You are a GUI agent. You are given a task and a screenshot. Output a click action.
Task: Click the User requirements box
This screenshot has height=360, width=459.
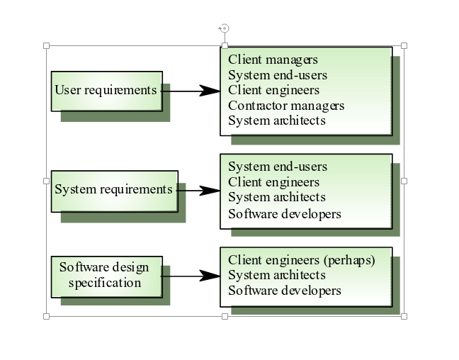click(x=106, y=91)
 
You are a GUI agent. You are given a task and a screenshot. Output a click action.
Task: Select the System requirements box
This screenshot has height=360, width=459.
click(x=113, y=190)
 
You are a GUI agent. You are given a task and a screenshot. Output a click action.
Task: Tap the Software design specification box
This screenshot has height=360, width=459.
click(x=106, y=276)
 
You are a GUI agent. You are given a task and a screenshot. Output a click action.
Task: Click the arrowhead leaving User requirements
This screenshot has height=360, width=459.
click(x=210, y=91)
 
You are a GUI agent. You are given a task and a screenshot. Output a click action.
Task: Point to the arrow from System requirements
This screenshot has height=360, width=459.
click(x=198, y=191)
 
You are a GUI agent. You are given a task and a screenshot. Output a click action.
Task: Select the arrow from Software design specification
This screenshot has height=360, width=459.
click(x=191, y=276)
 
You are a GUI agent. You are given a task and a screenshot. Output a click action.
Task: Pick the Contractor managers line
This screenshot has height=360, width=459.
click(x=286, y=106)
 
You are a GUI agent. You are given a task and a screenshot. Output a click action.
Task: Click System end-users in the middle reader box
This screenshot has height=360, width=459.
click(x=278, y=167)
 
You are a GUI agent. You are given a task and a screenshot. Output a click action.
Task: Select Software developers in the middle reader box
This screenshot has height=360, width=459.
click(x=285, y=213)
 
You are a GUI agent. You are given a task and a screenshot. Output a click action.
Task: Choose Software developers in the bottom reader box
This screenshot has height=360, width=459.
click(x=285, y=291)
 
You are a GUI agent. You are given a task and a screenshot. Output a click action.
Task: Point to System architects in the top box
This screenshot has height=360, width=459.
click(x=277, y=120)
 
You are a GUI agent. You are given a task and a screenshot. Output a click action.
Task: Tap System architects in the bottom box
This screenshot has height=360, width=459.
click(x=277, y=275)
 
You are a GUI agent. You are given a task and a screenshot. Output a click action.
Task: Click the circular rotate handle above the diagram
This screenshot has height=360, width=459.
click(x=225, y=28)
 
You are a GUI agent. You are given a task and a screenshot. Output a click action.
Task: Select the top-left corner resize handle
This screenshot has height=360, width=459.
click(x=47, y=46)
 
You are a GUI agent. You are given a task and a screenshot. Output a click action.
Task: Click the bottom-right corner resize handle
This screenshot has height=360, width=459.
click(x=404, y=316)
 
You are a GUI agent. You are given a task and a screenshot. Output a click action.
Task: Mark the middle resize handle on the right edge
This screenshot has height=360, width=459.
click(x=404, y=181)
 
